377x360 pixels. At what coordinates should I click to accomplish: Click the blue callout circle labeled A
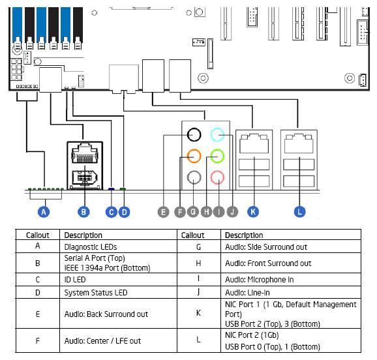(44, 212)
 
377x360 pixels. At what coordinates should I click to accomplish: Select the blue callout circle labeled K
(253, 211)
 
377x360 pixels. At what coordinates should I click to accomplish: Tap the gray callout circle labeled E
(163, 212)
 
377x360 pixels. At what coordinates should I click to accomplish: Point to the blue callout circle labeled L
(299, 211)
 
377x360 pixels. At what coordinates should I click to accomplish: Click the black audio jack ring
(194, 128)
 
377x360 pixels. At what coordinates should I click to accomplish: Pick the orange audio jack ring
(194, 149)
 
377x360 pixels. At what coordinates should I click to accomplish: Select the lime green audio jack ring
(217, 149)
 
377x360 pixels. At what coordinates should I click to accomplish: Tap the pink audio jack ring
(217, 171)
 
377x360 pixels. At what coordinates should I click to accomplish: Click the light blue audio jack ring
(217, 128)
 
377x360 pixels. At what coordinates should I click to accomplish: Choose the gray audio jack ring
(194, 171)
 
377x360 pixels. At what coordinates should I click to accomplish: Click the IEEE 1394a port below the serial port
(85, 178)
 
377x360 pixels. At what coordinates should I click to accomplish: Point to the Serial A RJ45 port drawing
(85, 153)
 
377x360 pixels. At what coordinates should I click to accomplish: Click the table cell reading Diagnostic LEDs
(91, 247)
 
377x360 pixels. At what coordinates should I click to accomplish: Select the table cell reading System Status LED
(96, 292)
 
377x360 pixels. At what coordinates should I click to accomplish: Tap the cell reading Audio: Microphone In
(259, 279)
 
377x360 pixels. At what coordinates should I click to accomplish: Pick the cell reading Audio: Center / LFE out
(102, 341)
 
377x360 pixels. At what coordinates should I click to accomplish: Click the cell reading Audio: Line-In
(247, 292)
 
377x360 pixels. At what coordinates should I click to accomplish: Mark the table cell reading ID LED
(75, 279)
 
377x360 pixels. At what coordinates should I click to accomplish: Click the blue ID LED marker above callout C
(111, 189)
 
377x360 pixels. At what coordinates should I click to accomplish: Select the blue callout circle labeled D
(124, 212)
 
